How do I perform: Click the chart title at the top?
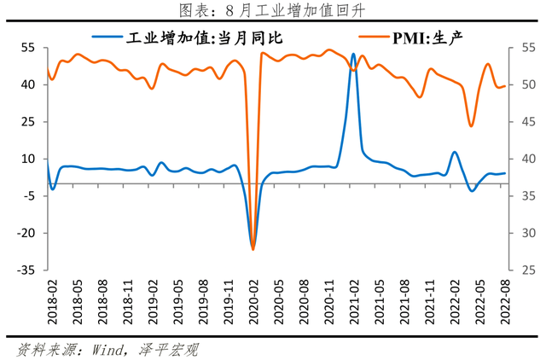273,10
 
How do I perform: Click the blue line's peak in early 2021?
353,55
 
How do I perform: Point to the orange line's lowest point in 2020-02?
253,249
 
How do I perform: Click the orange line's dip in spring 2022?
471,126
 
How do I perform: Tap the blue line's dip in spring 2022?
471,190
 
